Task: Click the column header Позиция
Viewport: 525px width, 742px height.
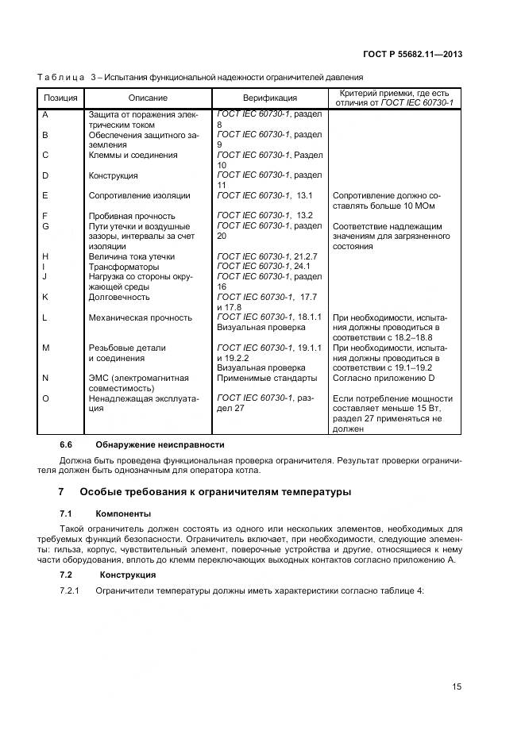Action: point(60,98)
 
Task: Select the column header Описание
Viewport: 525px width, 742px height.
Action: point(148,98)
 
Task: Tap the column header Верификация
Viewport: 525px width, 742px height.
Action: point(270,98)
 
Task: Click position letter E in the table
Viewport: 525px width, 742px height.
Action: point(45,195)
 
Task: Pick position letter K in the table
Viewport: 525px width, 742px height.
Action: point(45,297)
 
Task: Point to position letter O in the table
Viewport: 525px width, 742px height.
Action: point(45,398)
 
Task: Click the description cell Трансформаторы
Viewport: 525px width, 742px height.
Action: point(123,267)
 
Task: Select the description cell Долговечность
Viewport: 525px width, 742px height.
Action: point(119,297)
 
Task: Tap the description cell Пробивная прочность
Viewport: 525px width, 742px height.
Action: point(132,216)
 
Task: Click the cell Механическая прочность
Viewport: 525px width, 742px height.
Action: point(141,317)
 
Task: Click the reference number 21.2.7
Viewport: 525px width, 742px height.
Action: point(307,256)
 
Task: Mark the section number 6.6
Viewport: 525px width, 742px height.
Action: point(67,444)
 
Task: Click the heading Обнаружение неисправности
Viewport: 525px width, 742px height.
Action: point(160,444)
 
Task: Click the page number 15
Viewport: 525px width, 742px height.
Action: point(457,687)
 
